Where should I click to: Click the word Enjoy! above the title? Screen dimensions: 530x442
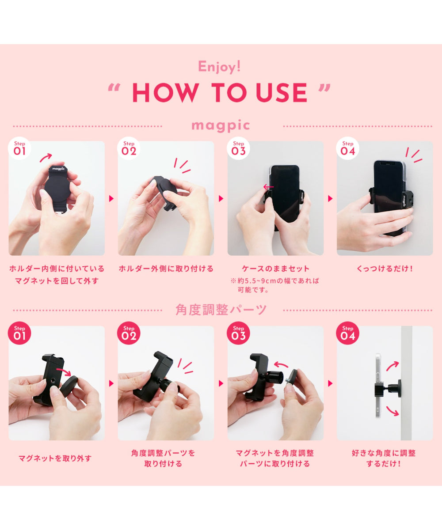tap(220, 67)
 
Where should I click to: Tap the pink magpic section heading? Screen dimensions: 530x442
tap(221, 125)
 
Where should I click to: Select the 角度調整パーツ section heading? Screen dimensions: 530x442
tap(221, 310)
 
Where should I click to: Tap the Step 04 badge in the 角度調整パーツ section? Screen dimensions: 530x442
tap(348, 333)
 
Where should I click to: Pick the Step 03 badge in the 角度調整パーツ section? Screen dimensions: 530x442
tap(239, 333)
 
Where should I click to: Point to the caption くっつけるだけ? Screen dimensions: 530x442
tap(385, 269)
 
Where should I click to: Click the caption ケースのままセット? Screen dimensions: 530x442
tap(275, 269)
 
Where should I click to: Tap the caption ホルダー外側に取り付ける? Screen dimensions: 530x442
tap(166, 269)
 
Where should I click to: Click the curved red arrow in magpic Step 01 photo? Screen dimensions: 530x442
tap(46, 157)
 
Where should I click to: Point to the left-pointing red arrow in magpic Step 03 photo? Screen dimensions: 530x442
tap(268, 187)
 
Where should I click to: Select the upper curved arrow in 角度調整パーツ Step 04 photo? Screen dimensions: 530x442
tap(392, 365)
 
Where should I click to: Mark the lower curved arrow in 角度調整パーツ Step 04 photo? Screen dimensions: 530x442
tap(392, 411)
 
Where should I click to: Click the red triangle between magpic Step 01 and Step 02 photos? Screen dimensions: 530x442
tap(111, 198)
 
